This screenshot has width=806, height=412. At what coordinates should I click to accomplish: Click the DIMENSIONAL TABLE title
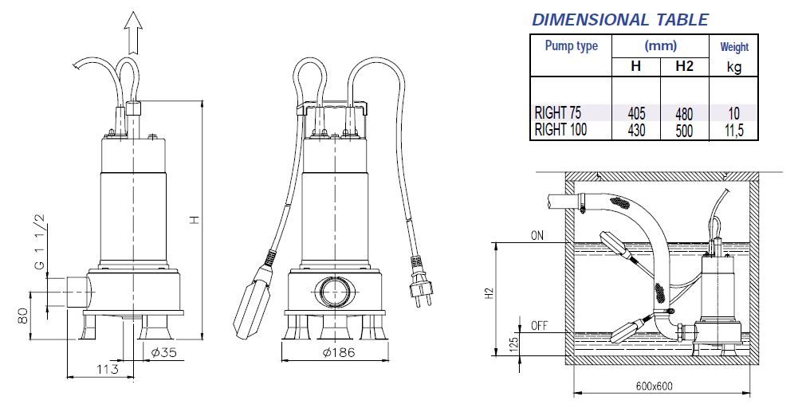click(x=620, y=19)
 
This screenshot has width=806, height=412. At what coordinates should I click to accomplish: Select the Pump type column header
click(x=571, y=46)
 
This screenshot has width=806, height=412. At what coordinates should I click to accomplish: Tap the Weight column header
click(x=734, y=47)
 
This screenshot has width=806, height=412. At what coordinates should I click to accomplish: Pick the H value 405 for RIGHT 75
click(x=636, y=113)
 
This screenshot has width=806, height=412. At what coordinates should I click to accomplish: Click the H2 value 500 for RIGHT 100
click(x=684, y=131)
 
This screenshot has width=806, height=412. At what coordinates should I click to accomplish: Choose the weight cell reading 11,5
click(x=733, y=131)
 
